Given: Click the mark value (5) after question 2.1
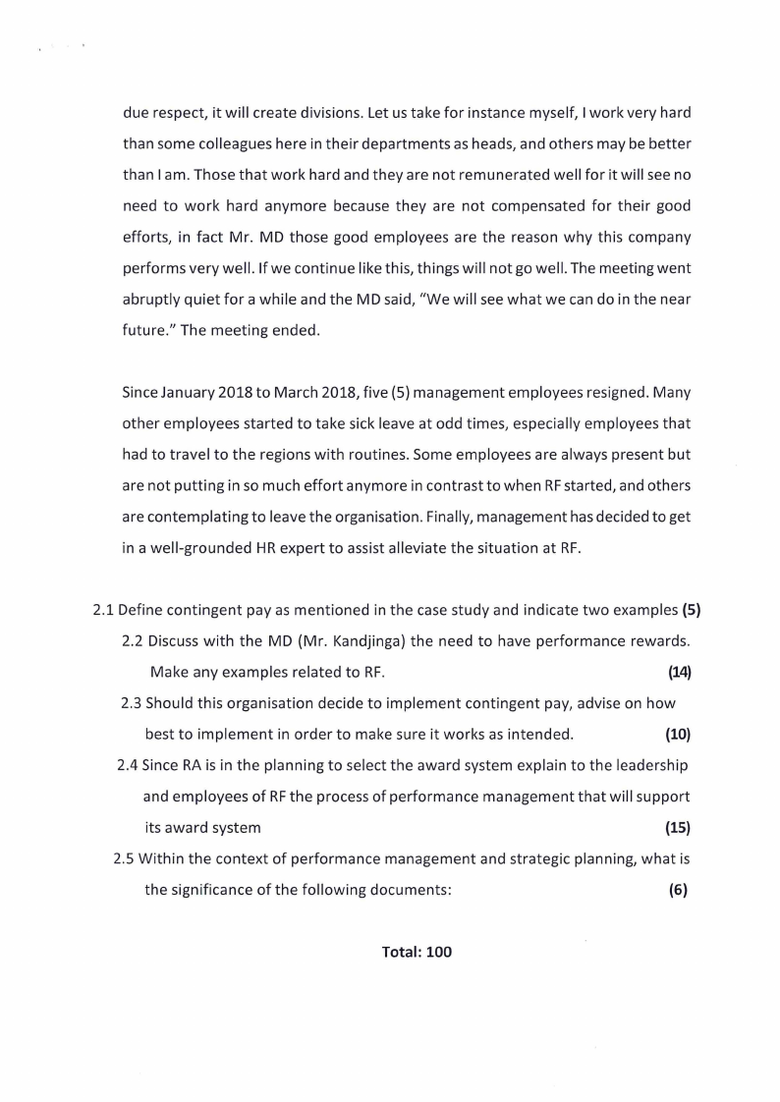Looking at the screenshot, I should (x=691, y=609).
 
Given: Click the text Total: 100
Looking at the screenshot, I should (x=417, y=952).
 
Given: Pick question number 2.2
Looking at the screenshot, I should (x=134, y=641).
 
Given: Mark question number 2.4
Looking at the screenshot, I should (x=128, y=765).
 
